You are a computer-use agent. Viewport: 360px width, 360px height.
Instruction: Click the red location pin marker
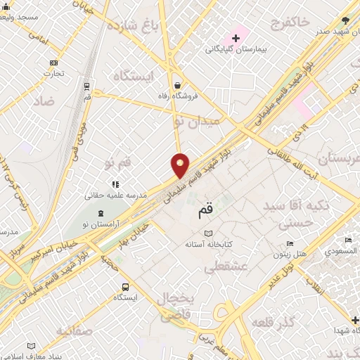(x=181, y=165)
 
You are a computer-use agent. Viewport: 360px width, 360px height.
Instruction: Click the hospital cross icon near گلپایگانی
(x=236, y=37)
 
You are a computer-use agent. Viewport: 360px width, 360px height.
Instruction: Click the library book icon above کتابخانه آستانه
(x=207, y=233)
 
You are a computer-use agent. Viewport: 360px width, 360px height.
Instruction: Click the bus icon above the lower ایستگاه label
(x=125, y=286)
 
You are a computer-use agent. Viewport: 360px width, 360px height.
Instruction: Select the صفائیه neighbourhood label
(x=74, y=330)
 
